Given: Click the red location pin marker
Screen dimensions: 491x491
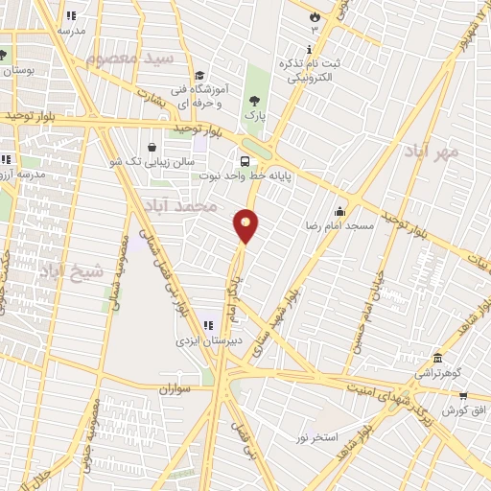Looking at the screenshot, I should click(246, 225).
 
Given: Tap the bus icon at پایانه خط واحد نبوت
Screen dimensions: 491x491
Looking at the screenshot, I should click(245, 161).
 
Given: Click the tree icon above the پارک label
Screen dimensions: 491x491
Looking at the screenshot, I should click(254, 100).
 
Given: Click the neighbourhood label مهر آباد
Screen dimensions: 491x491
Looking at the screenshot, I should click(432, 152).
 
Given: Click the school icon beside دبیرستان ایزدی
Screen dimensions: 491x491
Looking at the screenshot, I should click(209, 326).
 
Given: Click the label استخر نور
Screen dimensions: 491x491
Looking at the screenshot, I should click(316, 437).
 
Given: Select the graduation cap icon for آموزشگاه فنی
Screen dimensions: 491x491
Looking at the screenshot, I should click(199, 76).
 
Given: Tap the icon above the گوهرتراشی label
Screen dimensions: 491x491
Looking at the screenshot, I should click(436, 358).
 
